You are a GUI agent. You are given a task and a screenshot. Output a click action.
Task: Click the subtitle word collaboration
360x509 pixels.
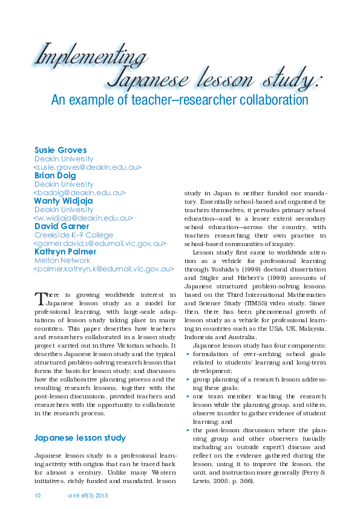coord(266,100)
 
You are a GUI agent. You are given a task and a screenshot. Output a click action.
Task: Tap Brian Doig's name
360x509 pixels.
coord(55,175)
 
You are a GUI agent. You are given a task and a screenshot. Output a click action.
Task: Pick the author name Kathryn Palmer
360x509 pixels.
coord(66,251)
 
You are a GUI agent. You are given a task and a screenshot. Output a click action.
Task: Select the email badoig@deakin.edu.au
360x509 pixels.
coord(79,192)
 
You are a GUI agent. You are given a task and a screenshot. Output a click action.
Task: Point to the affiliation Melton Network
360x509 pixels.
coord(62,260)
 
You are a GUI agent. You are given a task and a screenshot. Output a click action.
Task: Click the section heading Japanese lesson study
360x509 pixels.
coord(80,438)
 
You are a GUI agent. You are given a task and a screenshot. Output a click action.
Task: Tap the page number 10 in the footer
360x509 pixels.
coord(37,495)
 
